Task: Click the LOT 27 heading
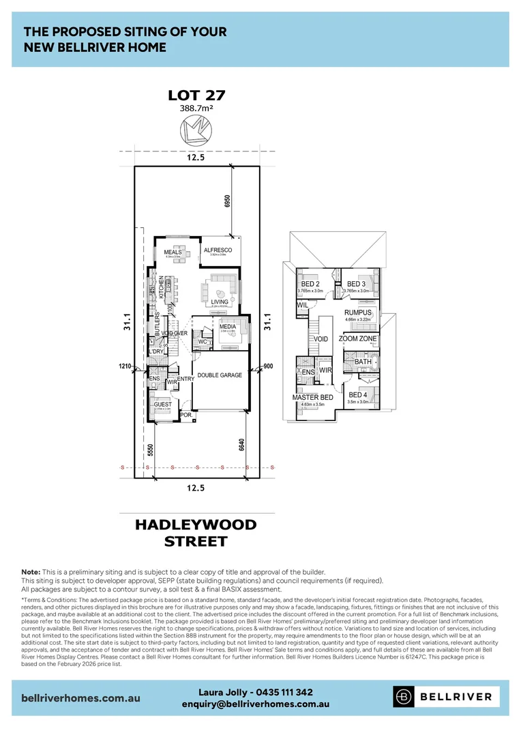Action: coord(196,96)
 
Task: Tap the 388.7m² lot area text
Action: coord(196,109)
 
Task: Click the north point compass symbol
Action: coord(196,130)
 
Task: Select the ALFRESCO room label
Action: coord(218,250)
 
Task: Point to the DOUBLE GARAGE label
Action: coord(220,375)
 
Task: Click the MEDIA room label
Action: coord(227,326)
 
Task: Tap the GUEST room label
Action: coord(163,405)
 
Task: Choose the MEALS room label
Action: coord(173,252)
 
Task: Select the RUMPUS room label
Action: coord(358,313)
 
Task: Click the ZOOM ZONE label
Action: coord(358,338)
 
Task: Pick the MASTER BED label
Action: coord(312,397)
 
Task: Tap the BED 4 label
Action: coord(358,395)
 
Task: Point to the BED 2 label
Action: coord(310,284)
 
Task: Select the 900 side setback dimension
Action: coord(268,366)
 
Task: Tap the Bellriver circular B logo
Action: coord(404,697)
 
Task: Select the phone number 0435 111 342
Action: coord(278,692)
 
